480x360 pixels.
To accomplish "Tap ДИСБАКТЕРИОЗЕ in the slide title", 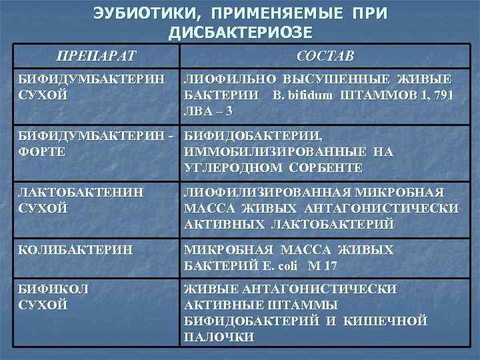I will click(x=240, y=32).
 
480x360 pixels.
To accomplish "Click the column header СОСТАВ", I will click(x=325, y=55).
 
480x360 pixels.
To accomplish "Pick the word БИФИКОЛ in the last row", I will click(x=53, y=290).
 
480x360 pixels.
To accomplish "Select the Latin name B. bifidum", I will click(x=305, y=95).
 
